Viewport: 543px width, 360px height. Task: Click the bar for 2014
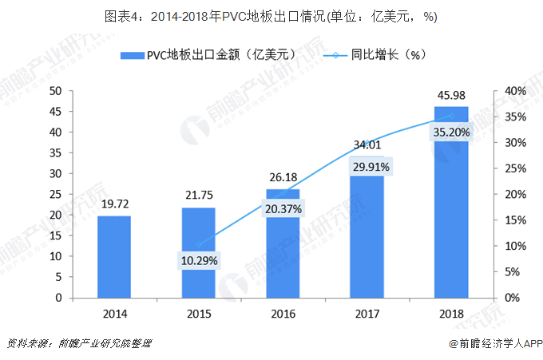pyautogui.click(x=114, y=256)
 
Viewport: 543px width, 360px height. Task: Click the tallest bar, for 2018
pyautogui.click(x=451, y=208)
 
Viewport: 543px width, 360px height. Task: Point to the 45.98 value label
pyautogui.click(x=451, y=97)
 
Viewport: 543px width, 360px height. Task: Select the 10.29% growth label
pyautogui.click(x=198, y=260)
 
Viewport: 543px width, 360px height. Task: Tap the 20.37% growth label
pyautogui.click(x=283, y=209)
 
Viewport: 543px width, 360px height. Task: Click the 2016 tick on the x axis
pyautogui.click(x=283, y=313)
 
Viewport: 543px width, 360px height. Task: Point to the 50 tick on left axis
pyautogui.click(x=56, y=91)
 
